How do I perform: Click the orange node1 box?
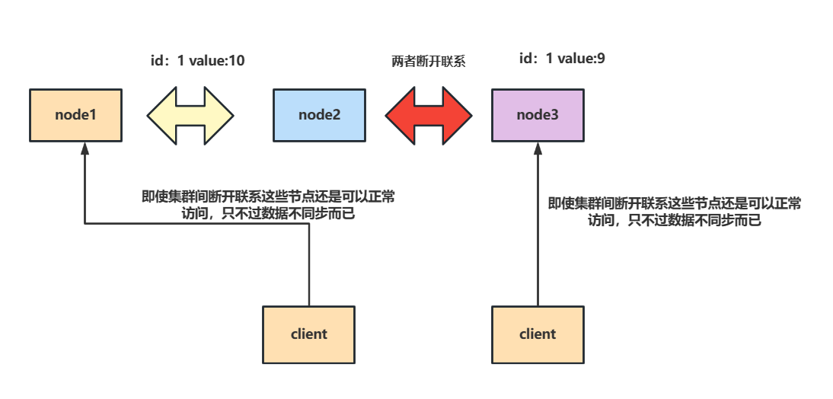pos(76,115)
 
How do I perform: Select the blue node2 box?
pos(319,115)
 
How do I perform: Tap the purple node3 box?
pos(538,115)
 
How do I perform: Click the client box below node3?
pos(538,334)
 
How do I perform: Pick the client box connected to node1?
pos(308,334)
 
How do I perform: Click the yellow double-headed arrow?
pos(189,115)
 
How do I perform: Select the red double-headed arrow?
pos(428,115)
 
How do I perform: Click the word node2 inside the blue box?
pos(319,115)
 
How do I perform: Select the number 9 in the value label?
pos(602,59)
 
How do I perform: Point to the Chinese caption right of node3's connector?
pos(675,212)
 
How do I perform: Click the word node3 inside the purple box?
pos(538,115)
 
